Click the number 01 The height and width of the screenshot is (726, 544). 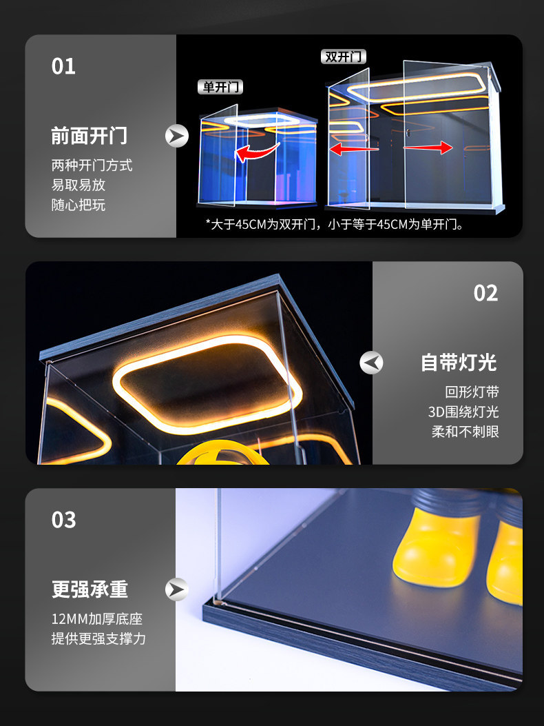[x=63, y=66]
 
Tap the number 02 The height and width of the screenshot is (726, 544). [x=485, y=293]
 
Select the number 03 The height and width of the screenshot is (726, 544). [x=63, y=520]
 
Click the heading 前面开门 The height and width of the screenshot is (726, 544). [x=90, y=136]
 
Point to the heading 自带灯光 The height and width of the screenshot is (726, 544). [x=459, y=363]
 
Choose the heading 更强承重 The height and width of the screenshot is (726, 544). [x=90, y=589]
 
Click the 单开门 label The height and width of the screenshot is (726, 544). [x=220, y=87]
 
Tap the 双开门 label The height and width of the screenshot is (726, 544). [x=343, y=57]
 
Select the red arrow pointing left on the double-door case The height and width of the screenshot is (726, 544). [x=354, y=149]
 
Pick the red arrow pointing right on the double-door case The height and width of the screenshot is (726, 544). [x=428, y=148]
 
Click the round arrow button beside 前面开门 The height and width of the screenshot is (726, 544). [x=177, y=136]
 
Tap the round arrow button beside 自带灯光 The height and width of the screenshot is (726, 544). [x=371, y=363]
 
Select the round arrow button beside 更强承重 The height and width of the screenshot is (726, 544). [x=177, y=589]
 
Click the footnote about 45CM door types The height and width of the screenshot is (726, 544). [x=335, y=225]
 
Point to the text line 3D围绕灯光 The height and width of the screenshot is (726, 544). [x=463, y=412]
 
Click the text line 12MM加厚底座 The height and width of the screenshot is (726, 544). [x=96, y=618]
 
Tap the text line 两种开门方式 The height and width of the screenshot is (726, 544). [x=92, y=165]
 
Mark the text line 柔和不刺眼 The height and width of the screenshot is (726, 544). [x=465, y=432]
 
